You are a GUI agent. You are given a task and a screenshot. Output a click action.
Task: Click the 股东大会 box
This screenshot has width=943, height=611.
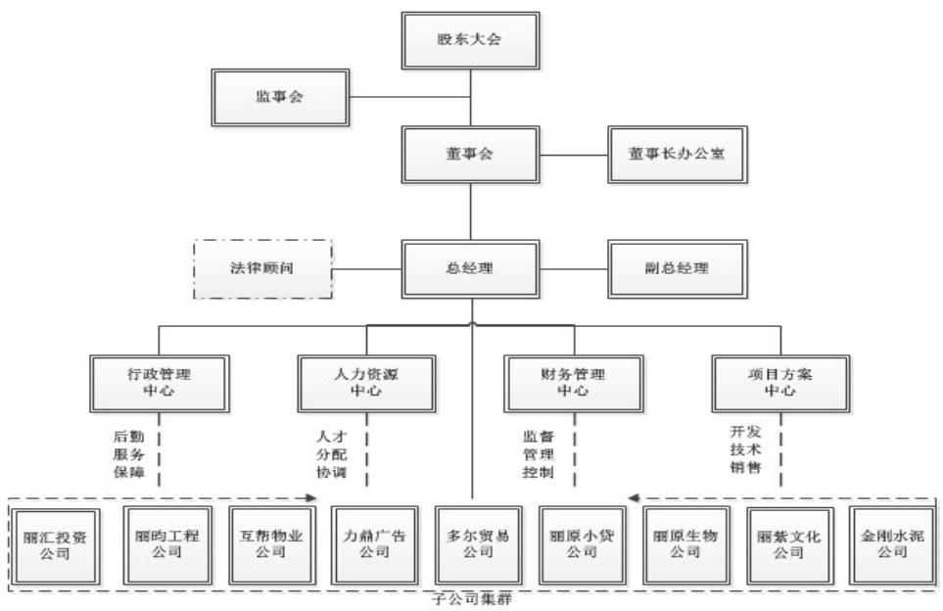click(x=471, y=41)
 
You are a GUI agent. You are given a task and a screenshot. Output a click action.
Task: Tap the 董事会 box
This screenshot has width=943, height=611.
click(x=471, y=154)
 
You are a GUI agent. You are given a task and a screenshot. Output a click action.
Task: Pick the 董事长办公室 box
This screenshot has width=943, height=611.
click(x=677, y=154)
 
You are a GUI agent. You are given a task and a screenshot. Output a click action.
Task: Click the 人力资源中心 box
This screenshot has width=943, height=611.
click(x=368, y=383)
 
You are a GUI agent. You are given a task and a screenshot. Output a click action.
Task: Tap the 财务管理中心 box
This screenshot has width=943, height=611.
click(x=574, y=383)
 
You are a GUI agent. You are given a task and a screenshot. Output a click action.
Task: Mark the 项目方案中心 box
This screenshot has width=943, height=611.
click(x=780, y=383)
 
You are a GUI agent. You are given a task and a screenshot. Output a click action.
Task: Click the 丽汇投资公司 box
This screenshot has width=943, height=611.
click(x=56, y=544)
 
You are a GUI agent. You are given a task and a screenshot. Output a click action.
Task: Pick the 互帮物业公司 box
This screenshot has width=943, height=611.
click(x=264, y=544)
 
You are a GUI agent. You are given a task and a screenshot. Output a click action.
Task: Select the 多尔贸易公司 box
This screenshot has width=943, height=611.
click(x=472, y=544)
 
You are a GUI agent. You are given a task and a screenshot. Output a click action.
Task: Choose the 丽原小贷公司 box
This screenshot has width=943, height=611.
click(x=575, y=544)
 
